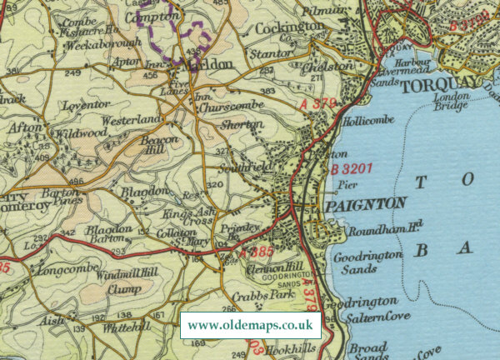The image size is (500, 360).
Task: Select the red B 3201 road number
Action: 351,169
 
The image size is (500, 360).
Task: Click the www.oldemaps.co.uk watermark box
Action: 250,325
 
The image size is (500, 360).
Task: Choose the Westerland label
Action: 131,120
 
